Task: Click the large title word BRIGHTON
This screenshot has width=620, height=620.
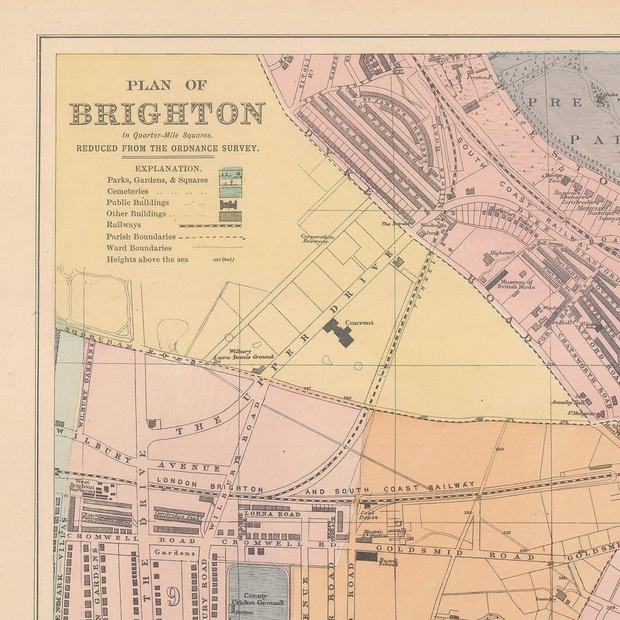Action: [168, 114]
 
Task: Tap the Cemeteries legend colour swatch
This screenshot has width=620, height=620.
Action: [230, 192]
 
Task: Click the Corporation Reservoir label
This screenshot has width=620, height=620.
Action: [317, 239]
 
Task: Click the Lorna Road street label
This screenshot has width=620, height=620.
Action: [273, 514]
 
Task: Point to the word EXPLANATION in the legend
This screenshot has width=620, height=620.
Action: [168, 169]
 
